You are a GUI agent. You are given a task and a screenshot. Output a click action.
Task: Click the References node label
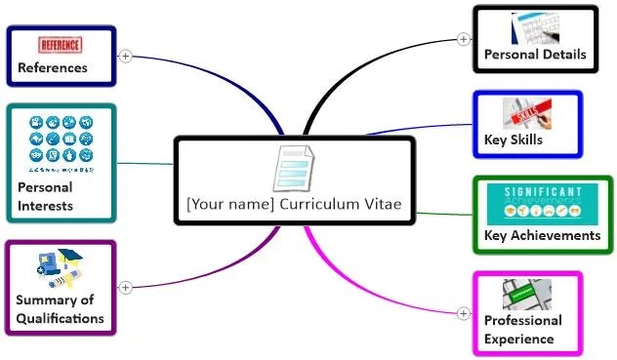pyautogui.click(x=53, y=68)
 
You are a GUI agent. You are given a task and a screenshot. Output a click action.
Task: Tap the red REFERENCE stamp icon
pyautogui.click(x=62, y=45)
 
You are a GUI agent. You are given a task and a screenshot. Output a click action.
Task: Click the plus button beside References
pyautogui.click(x=125, y=56)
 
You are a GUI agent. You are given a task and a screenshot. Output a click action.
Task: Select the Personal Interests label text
pyautogui.click(x=45, y=196)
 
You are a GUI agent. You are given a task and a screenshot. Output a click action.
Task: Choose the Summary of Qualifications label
pyautogui.click(x=60, y=309)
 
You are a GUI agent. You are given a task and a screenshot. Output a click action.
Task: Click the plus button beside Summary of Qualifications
pyautogui.click(x=125, y=287)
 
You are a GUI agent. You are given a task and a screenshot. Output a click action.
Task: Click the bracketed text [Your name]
pyautogui.click(x=230, y=205)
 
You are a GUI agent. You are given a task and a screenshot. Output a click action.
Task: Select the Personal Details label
pyautogui.click(x=535, y=55)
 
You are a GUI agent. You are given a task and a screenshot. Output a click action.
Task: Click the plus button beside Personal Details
pyautogui.click(x=463, y=40)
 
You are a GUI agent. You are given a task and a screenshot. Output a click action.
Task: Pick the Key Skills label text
pyautogui.click(x=514, y=140)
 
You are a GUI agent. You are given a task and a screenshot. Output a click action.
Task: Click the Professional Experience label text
pyautogui.click(x=523, y=330)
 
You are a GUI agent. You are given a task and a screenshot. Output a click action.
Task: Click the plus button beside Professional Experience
pyautogui.click(x=463, y=313)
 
